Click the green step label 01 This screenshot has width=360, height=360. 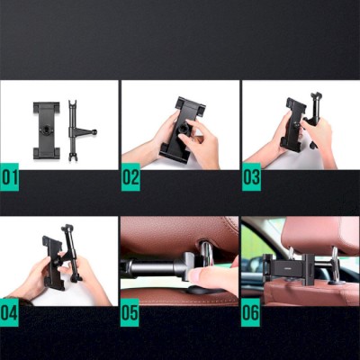9,177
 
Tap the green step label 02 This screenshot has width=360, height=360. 130,177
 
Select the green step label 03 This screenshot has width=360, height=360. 251,177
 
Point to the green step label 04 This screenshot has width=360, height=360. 9,312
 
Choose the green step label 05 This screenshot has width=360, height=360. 130,312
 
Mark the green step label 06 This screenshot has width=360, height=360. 250,312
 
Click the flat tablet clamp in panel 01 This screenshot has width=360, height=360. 47,130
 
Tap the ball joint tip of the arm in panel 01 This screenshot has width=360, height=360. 94,131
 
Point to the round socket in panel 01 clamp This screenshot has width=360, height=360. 47,130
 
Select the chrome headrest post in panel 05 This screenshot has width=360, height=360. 206,254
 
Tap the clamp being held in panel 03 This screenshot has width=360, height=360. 293,124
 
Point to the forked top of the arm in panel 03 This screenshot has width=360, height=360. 317,96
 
